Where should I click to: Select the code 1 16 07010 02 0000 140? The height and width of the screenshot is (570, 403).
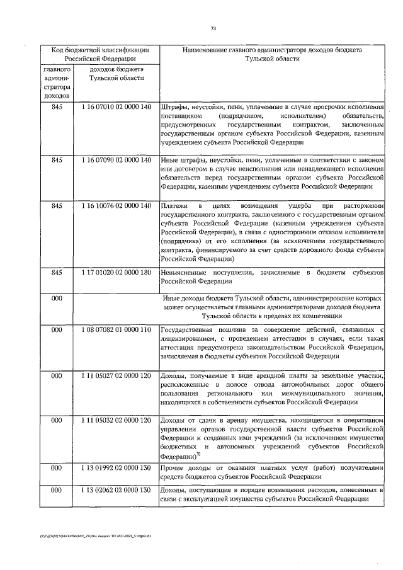point(116,107)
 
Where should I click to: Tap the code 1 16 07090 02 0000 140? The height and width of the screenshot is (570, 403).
point(116,161)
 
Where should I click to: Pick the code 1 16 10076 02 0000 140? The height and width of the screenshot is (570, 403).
point(116,206)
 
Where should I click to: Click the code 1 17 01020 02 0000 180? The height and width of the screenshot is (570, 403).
point(116,273)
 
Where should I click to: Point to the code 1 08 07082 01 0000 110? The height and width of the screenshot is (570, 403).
point(116,329)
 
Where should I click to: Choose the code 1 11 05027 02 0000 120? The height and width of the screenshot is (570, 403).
point(116,376)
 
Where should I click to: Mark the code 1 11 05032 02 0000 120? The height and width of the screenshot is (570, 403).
point(116,420)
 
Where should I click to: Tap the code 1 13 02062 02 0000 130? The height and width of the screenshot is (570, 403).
point(116,490)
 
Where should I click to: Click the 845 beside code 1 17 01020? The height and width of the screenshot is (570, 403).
point(57,273)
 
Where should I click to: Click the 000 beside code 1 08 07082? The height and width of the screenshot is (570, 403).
point(57,329)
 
